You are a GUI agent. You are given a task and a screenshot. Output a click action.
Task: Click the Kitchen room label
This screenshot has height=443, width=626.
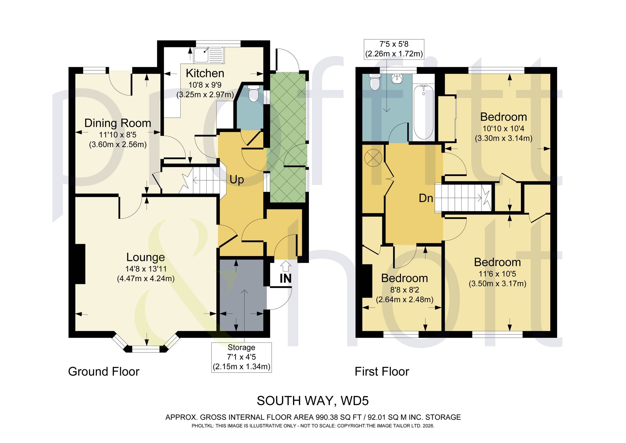[205, 73]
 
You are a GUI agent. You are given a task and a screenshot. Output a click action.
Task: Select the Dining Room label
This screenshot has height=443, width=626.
[118, 123]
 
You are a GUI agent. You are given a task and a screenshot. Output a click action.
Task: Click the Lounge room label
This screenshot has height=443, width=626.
[146, 257]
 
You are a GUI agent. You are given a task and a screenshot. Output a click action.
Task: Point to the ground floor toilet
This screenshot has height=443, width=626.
[253, 93]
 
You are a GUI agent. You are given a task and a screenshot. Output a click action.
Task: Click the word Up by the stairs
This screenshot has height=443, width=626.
[237, 180]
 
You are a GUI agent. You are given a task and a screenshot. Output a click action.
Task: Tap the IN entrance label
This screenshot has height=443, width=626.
[285, 278]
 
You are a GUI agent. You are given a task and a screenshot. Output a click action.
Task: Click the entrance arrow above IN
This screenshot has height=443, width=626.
[286, 266]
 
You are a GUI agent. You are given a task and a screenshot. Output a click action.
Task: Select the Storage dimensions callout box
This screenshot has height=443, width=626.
[241, 357]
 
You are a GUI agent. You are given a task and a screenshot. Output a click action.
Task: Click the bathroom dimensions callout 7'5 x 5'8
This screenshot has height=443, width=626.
[394, 49]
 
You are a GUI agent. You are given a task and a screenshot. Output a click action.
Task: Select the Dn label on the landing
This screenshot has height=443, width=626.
[426, 198]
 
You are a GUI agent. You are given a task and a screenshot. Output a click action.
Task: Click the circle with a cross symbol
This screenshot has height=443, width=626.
[373, 157]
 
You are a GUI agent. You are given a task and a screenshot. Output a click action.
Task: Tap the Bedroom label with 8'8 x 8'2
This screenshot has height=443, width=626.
[404, 278]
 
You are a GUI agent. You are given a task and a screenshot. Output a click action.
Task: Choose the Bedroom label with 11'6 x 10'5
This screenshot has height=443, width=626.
[497, 262]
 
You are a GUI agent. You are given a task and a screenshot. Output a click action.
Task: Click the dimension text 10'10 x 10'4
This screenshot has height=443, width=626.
[503, 128]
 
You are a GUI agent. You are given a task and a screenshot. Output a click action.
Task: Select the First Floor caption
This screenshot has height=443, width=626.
[382, 372]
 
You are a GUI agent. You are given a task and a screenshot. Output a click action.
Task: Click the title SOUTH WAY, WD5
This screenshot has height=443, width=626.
[313, 401]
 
